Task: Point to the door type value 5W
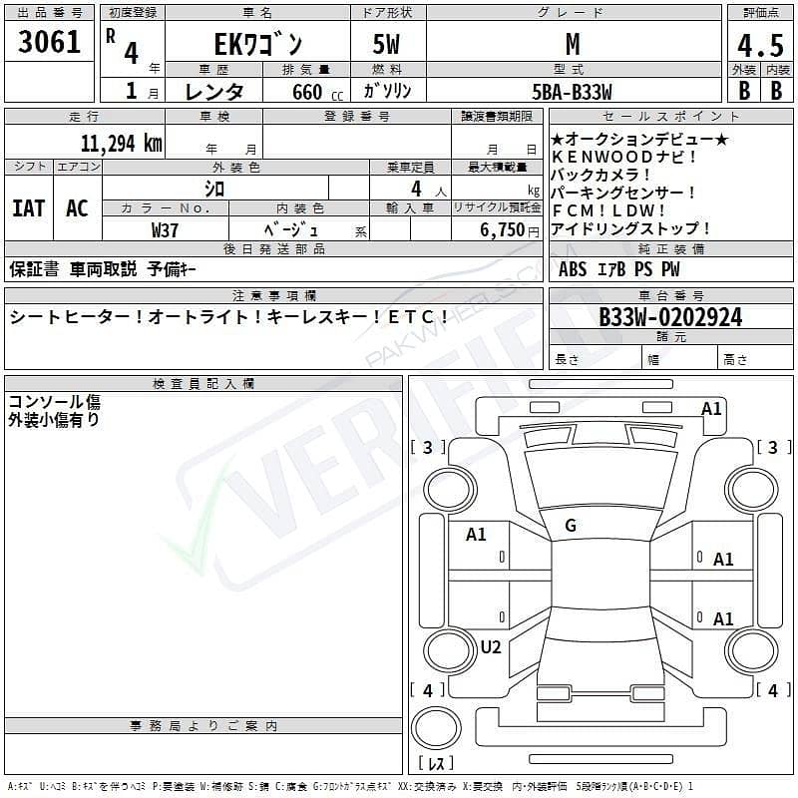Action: point(386,46)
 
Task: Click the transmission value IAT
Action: point(28,207)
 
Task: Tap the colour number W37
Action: point(166,228)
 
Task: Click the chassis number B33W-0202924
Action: point(670,317)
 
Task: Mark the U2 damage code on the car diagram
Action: point(490,647)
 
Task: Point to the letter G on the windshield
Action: point(570,525)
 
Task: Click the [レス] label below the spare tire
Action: point(435,765)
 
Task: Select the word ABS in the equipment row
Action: point(573,268)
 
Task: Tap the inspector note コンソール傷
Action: point(54,402)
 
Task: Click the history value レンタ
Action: point(215,92)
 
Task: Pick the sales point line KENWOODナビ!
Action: point(623,157)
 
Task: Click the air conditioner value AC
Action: point(77,207)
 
